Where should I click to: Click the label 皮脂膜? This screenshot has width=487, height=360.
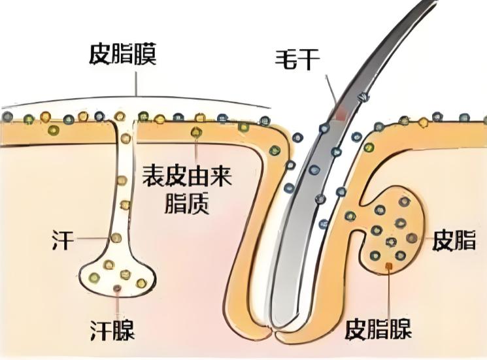tap(122, 55)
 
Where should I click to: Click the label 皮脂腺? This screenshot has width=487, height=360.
tap(378, 329)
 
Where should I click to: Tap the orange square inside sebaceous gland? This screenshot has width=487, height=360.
tap(389, 265)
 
